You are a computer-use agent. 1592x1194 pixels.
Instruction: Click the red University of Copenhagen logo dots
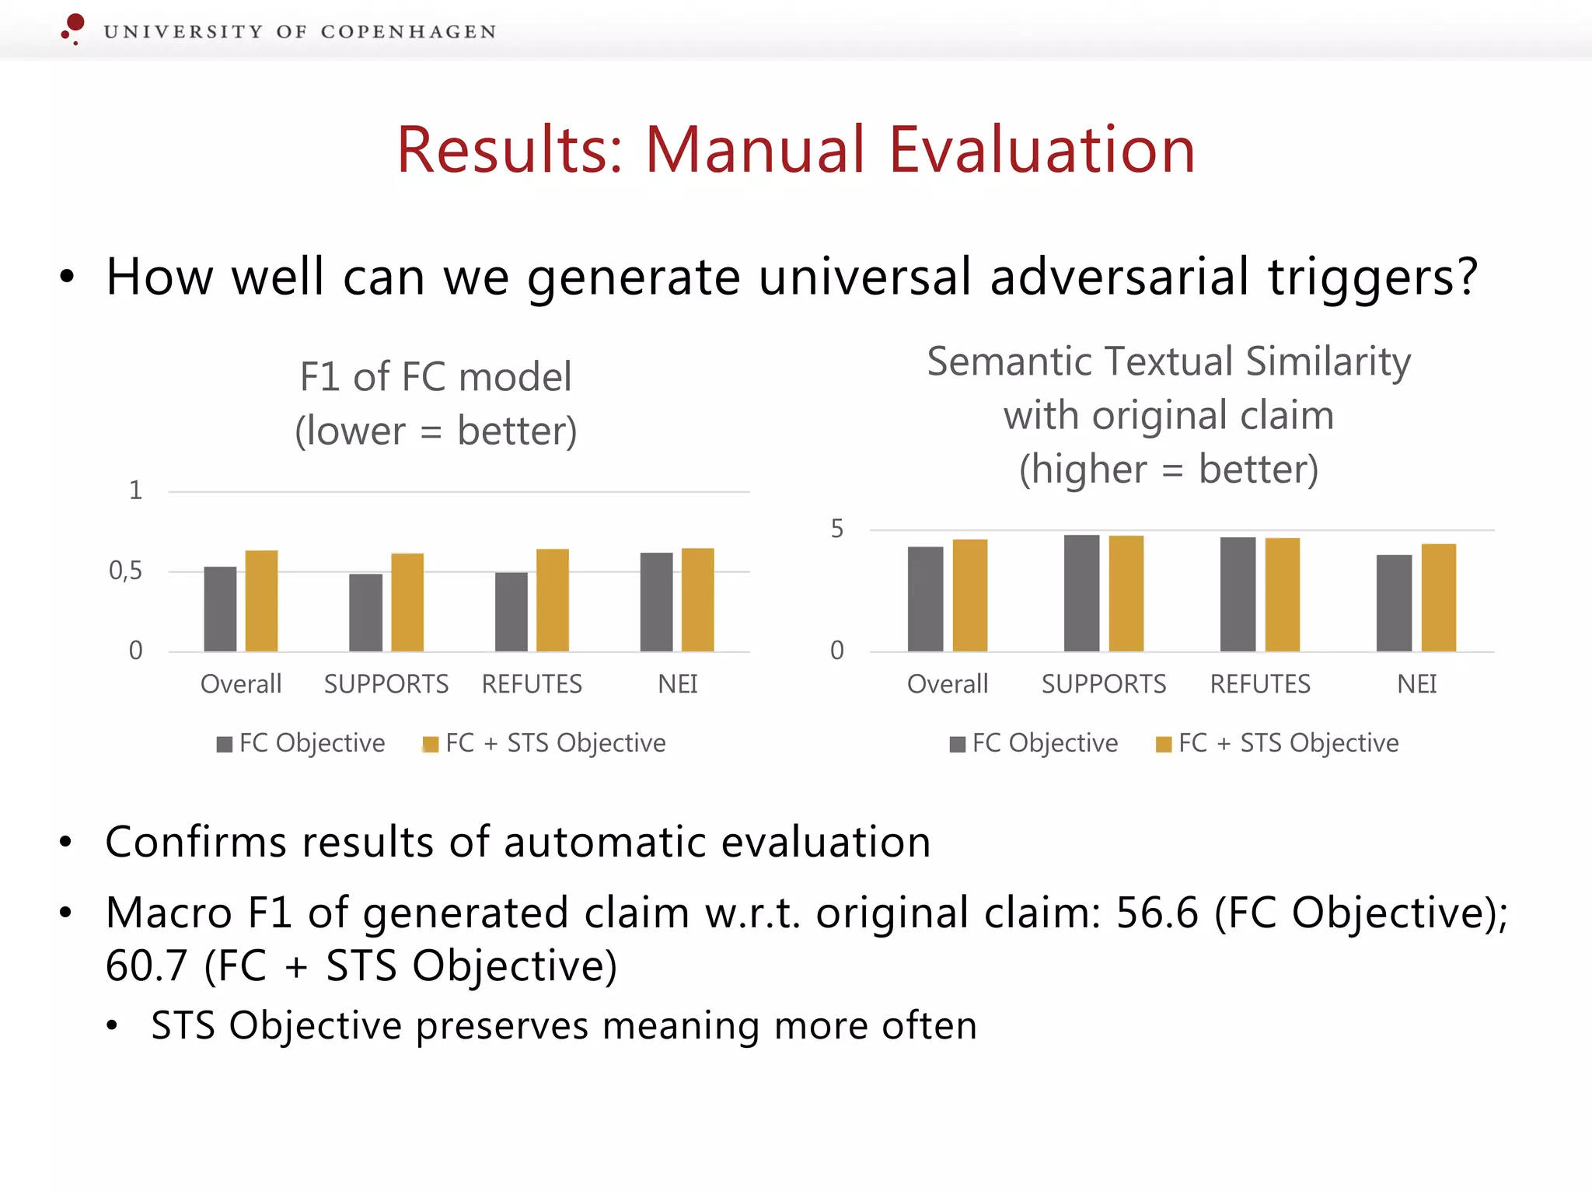pos(73,27)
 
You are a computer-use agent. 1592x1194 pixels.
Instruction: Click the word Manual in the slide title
pos(754,149)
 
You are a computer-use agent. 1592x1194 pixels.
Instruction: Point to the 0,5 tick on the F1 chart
pos(126,571)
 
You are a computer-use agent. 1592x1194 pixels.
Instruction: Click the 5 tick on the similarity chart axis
pos(836,529)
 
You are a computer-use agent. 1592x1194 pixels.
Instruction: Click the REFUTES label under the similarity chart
pos(1260,684)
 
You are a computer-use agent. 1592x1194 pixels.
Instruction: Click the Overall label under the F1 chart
pos(241,684)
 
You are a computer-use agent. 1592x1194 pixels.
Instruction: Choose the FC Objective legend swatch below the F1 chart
pos(225,745)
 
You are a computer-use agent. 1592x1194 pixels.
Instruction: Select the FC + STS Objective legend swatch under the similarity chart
pos(1164,745)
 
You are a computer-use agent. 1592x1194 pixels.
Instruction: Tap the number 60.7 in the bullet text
pos(146,966)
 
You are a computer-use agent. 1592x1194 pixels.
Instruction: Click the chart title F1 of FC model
pos(435,377)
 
